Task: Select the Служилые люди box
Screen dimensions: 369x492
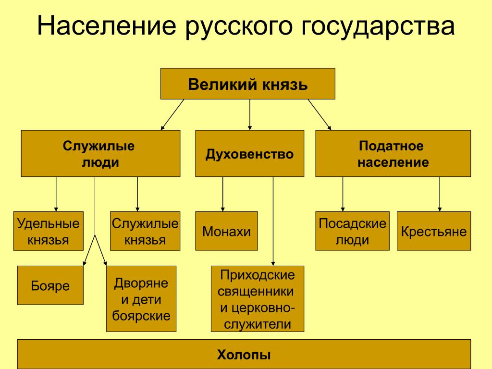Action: tap(100, 154)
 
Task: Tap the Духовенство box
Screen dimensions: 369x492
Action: tap(249, 154)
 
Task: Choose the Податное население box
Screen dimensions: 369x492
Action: tap(393, 154)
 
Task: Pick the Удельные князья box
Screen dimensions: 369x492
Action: tap(48, 231)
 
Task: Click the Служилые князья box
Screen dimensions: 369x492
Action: tap(145, 231)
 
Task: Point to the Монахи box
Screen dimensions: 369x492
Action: tap(226, 231)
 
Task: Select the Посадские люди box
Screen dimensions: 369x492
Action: tap(352, 231)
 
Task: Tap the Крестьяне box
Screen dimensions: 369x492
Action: tap(434, 231)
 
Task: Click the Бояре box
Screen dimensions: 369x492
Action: tap(50, 285)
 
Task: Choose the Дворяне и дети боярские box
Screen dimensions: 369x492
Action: tap(141, 298)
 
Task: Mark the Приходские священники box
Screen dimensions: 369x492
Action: tap(258, 299)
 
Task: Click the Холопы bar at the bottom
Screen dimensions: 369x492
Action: tap(244, 354)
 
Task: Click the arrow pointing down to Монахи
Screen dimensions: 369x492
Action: tap(222, 194)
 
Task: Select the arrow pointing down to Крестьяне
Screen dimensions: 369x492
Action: tap(439, 194)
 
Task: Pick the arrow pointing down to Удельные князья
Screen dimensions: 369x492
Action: tap(56, 194)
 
